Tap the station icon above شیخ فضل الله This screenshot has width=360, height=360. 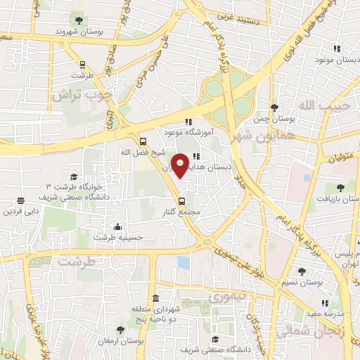[x=143, y=139]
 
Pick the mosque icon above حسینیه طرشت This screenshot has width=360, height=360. [x=117, y=226]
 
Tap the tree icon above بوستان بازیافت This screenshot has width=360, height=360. [x=340, y=187]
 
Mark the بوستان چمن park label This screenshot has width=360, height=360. [x=272, y=120]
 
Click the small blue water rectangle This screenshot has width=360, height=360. [x=184, y=263]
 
